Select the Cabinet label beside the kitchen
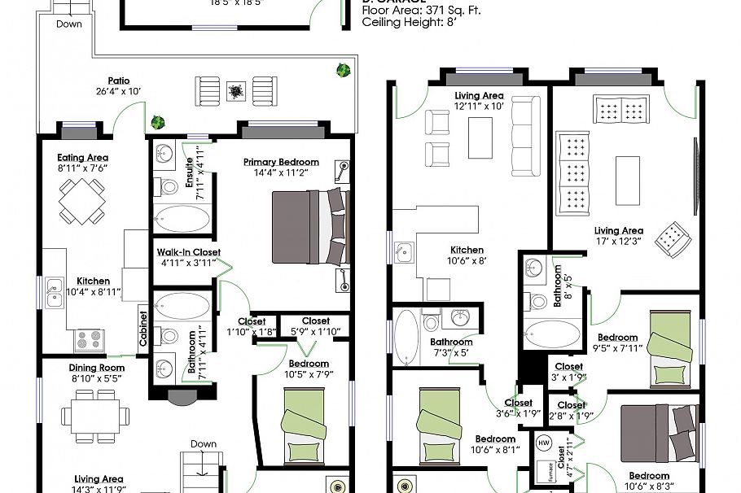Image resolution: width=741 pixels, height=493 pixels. click(143, 329)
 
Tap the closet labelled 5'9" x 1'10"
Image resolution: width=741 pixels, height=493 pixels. click(315, 326)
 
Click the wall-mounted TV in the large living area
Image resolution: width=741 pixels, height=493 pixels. click(694, 176)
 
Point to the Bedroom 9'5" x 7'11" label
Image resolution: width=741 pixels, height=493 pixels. click(617, 342)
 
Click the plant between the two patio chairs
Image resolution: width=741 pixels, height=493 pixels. click(237, 91)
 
